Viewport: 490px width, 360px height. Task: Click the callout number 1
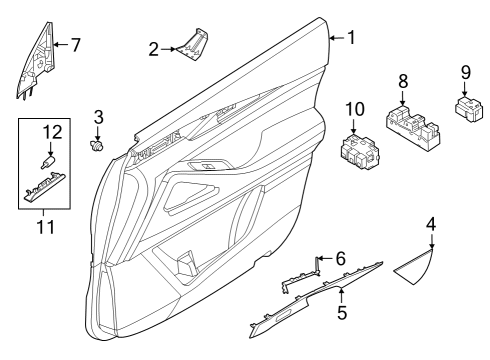click(350, 38)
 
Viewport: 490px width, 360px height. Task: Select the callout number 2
click(153, 48)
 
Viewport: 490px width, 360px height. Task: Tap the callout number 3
click(98, 118)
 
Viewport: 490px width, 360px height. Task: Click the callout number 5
click(342, 312)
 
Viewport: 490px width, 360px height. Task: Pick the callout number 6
click(340, 258)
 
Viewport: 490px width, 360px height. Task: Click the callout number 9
click(466, 73)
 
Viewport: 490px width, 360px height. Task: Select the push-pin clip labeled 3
click(98, 147)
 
